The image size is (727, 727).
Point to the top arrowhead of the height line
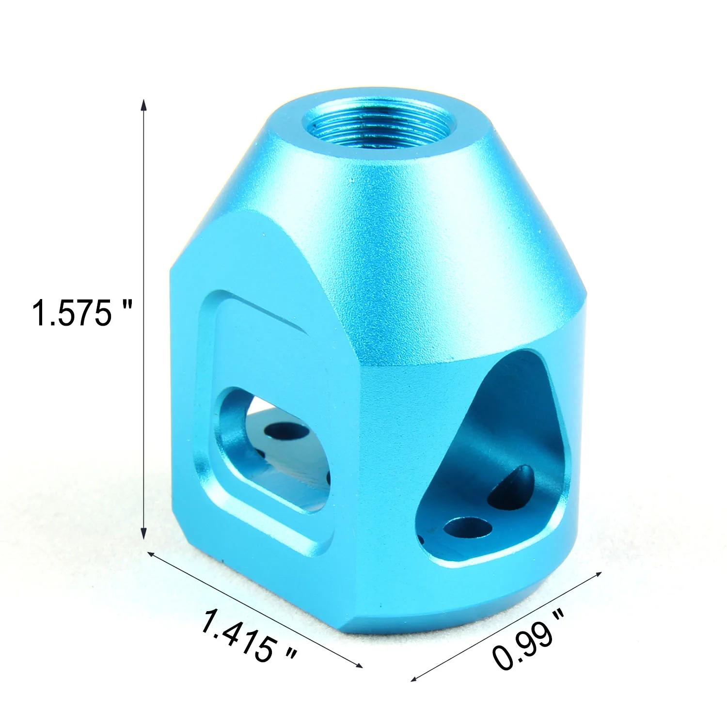point(143,104)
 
